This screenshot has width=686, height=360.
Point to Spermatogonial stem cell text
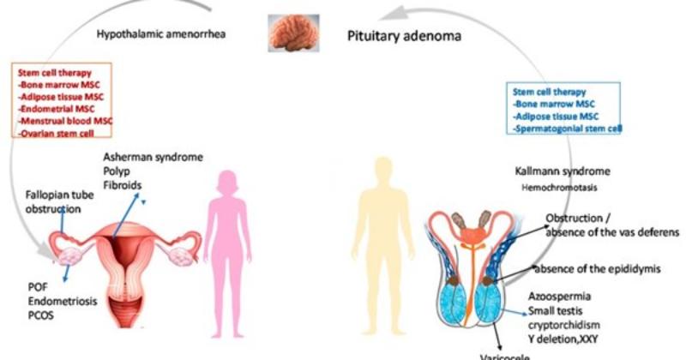[568, 129]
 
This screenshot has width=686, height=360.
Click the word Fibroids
[124, 184]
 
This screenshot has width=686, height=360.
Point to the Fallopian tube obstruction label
[55, 202]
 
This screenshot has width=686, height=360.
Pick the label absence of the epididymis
[595, 269]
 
